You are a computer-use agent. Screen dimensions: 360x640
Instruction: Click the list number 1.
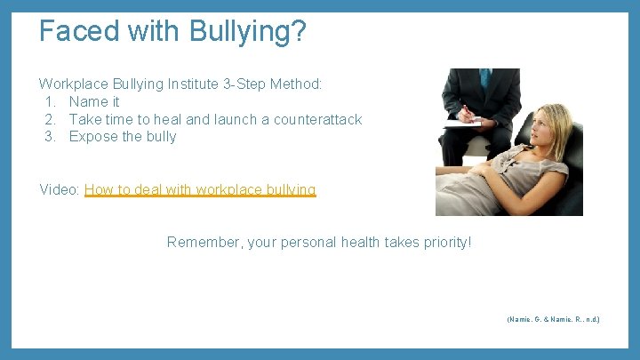coord(50,101)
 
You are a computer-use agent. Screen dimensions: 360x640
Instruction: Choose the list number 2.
coord(50,119)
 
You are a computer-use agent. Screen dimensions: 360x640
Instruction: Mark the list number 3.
coord(50,136)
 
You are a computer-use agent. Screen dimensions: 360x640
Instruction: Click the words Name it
coord(94,101)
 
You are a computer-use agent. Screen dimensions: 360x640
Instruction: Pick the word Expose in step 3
coord(92,136)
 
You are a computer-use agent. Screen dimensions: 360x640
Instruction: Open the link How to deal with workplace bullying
coord(200,189)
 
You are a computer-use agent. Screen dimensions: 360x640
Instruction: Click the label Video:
coord(60,189)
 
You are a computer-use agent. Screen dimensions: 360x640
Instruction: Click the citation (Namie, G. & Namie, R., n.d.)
coord(553,318)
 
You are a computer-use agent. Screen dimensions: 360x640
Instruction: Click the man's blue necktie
coord(484,78)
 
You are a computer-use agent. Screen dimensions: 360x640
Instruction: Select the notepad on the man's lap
coord(462,124)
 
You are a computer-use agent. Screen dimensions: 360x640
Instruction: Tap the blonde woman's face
coord(541,124)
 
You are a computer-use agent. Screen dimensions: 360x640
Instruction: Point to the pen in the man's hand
coord(465,111)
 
